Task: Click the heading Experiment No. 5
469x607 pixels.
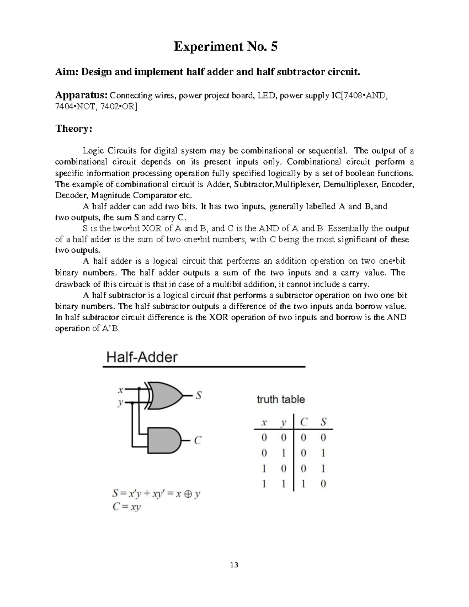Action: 226,47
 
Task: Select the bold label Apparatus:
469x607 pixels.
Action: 81,95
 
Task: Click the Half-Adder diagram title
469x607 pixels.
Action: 142,357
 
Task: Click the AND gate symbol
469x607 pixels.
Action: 165,440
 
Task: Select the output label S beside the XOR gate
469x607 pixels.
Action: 199,396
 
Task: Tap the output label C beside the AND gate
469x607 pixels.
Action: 198,440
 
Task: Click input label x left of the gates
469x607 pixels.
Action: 121,390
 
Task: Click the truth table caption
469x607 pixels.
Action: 281,399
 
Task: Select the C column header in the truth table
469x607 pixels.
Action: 304,422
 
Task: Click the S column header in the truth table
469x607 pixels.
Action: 323,422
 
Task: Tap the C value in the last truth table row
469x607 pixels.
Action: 304,484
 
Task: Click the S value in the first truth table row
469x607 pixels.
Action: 323,438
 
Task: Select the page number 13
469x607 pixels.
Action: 234,565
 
